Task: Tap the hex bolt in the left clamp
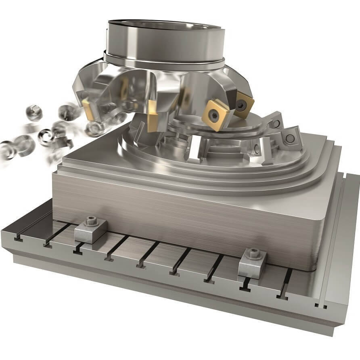[x=91, y=221]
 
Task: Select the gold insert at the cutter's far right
[x=244, y=105]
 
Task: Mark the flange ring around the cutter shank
[x=163, y=61]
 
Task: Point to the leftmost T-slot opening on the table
[x=18, y=238]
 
